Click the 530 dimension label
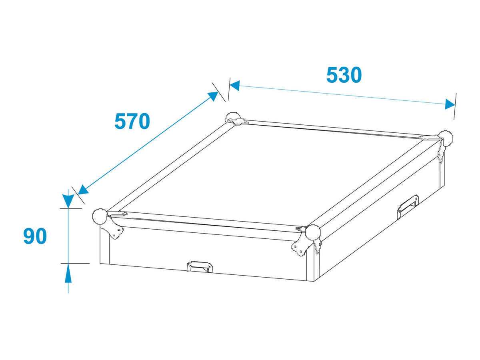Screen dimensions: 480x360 (x=344, y=75)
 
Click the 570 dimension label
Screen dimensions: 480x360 (x=132, y=121)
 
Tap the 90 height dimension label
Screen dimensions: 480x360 (x=35, y=236)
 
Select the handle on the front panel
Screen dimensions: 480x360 (x=200, y=267)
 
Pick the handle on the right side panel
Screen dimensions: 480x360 (x=408, y=206)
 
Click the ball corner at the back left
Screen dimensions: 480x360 (x=233, y=118)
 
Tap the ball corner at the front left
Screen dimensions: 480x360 (x=100, y=216)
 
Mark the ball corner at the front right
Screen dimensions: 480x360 (x=313, y=232)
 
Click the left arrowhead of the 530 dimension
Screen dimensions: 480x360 (x=235, y=86)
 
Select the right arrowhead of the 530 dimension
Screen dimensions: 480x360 (x=450, y=104)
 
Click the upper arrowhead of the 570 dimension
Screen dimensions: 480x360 (x=213, y=96)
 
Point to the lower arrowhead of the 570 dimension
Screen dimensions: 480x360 (x=83, y=190)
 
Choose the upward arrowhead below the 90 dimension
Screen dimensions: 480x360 (x=68, y=273)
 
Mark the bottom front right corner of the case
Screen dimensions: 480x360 (x=314, y=281)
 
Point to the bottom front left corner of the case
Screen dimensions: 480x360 (x=100, y=264)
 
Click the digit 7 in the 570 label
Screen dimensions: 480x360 (x=132, y=121)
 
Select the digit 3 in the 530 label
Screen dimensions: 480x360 (x=344, y=75)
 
